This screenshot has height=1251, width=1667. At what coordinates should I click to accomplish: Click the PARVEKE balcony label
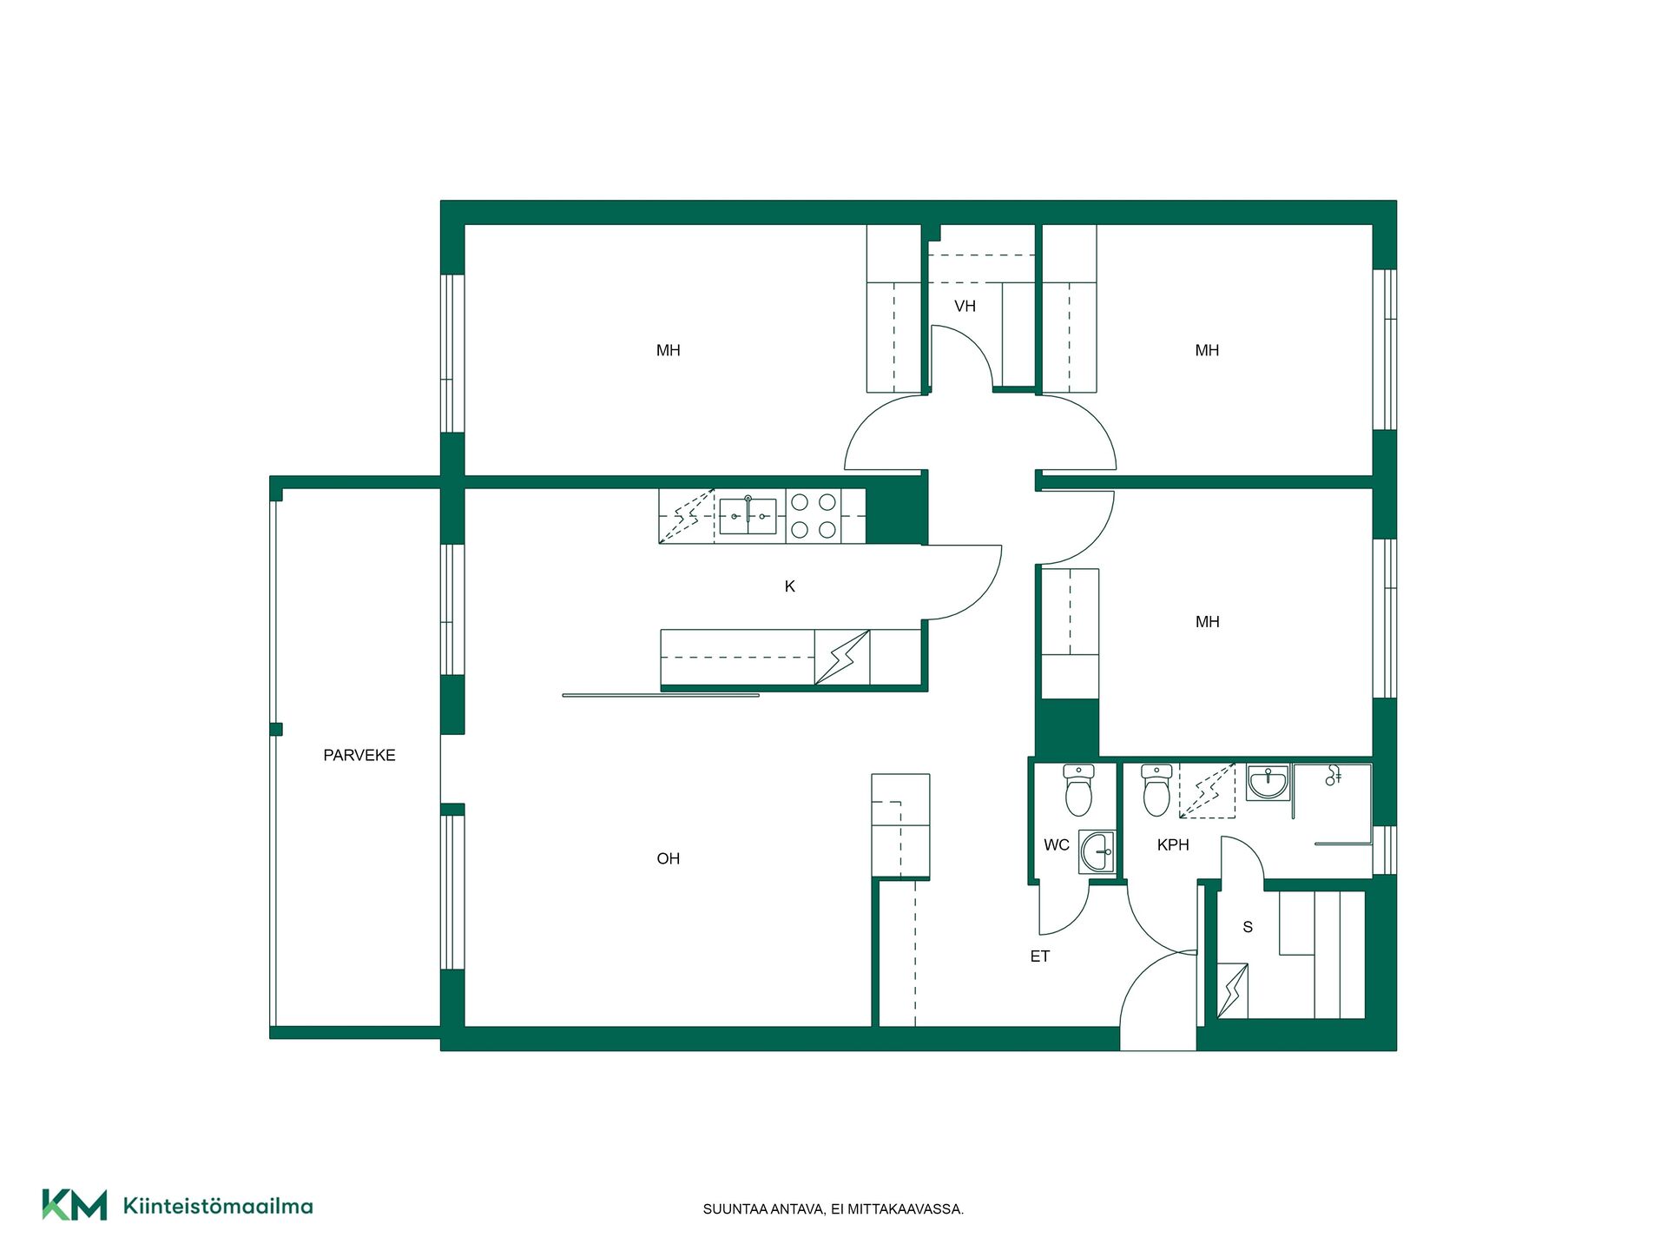pos(359,755)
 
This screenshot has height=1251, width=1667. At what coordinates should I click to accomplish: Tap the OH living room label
pos(669,858)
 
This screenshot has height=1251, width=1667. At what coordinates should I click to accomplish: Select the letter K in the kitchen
pos(790,586)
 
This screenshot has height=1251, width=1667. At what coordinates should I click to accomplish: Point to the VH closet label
pos(965,306)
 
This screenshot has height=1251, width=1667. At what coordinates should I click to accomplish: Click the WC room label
pos(1057,844)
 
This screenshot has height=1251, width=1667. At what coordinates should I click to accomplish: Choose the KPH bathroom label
pos(1173,844)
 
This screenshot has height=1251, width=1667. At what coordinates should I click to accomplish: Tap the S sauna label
pos(1248,927)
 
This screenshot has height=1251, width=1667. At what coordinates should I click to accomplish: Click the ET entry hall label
pos(1040,956)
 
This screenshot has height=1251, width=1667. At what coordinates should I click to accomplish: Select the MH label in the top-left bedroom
pos(669,350)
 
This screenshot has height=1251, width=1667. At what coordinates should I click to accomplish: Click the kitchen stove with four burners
pos(814,516)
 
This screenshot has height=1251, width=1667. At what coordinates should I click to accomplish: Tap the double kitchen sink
pos(748,516)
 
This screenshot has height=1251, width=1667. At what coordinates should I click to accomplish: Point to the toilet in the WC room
pos(1078,790)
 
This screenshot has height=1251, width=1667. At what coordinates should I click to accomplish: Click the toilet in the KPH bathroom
pos(1156,790)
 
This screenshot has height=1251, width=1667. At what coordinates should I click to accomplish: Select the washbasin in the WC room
pos(1097,851)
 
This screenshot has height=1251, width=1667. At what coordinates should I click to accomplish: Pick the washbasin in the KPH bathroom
pos(1268,782)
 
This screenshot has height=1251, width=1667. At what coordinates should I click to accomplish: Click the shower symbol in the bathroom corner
pos(1334,776)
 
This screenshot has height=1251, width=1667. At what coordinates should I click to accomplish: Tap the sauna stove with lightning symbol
pos(1232,990)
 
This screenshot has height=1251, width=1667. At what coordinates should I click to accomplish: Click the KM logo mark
pos(75,1205)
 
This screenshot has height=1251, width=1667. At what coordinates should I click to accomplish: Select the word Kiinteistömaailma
pos(218,1206)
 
